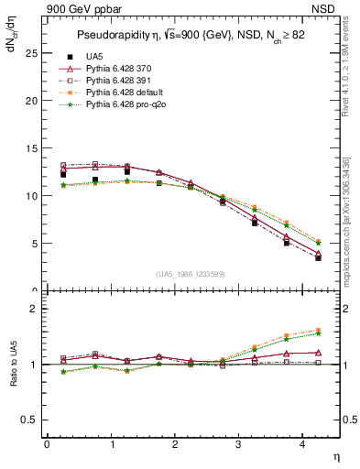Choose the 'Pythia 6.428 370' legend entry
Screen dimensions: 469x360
click(x=120, y=69)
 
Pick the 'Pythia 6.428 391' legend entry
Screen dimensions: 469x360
click(x=120, y=81)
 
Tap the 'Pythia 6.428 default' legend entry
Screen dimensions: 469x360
click(x=125, y=93)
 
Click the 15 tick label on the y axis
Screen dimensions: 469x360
click(x=32, y=148)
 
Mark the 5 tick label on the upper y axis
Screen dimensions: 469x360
click(x=35, y=244)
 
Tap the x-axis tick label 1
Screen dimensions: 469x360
click(x=111, y=445)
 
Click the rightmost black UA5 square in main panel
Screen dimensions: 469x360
click(x=318, y=258)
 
